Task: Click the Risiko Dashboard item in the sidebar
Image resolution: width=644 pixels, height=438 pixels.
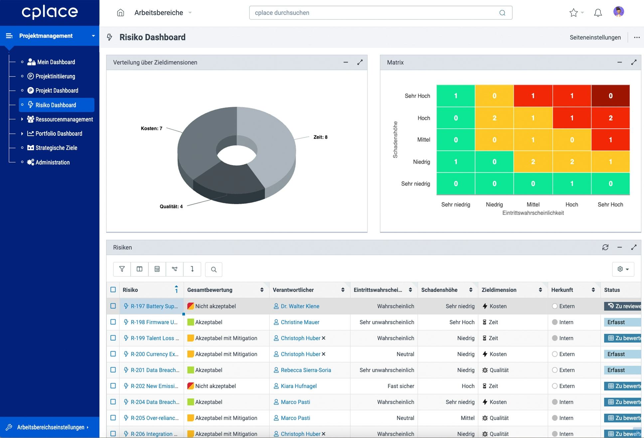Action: coord(56,105)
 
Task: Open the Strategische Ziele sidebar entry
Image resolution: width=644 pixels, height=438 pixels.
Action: coord(56,148)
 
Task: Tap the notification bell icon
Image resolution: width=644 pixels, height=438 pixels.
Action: coord(598,13)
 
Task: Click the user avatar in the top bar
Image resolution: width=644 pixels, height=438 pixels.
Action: coord(618,12)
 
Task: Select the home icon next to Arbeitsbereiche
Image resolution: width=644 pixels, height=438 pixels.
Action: coord(120,13)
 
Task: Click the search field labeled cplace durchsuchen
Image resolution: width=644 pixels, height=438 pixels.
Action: coord(376,13)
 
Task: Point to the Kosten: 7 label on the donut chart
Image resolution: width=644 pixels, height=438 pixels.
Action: coord(151,128)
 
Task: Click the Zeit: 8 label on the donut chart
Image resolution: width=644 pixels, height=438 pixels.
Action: coord(320,137)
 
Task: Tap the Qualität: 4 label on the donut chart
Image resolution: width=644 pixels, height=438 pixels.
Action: coord(171,207)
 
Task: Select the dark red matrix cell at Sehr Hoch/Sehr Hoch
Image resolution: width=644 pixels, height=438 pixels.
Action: coord(610,96)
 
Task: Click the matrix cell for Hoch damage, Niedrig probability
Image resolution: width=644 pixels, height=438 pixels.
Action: coord(494,118)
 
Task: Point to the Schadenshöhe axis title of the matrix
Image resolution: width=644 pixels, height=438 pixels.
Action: coord(395,140)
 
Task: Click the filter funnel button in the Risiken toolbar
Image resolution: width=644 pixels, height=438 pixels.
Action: coord(122,269)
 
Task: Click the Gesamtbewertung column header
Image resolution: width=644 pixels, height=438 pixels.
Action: coord(210,290)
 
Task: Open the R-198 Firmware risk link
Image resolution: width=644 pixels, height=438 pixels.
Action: coord(154,322)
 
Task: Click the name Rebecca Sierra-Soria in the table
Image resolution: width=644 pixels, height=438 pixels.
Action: coord(306,370)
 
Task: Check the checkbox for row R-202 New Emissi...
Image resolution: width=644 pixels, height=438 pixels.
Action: coord(113,386)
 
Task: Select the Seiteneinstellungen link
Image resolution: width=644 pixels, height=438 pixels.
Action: coord(595,38)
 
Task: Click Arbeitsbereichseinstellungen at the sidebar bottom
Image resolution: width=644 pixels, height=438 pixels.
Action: coord(51,427)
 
